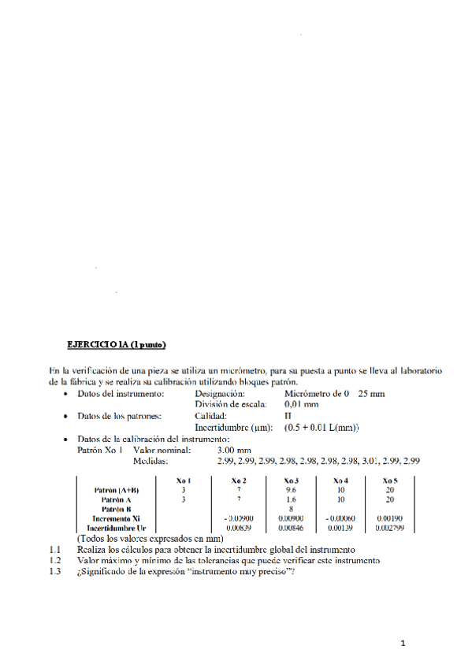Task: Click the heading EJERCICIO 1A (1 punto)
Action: pyautogui.click(x=117, y=344)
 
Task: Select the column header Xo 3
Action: pyautogui.click(x=292, y=480)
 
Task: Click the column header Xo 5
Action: pyautogui.click(x=389, y=480)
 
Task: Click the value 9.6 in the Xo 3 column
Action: pyautogui.click(x=292, y=490)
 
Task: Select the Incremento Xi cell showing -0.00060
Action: pyautogui.click(x=341, y=518)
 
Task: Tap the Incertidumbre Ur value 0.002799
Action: pyautogui.click(x=389, y=528)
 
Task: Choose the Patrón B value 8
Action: pyautogui.click(x=292, y=509)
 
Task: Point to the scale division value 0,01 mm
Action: pyautogui.click(x=302, y=404)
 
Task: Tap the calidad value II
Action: pyautogui.click(x=288, y=416)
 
